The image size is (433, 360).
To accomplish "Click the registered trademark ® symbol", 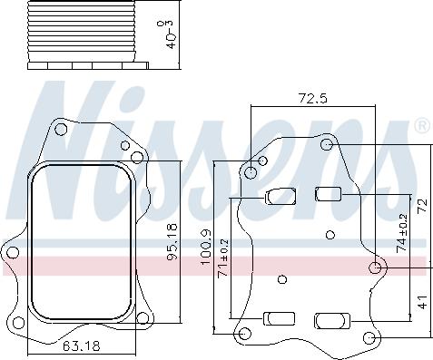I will click(x=421, y=125).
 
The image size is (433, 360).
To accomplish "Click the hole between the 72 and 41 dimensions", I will click(x=377, y=267).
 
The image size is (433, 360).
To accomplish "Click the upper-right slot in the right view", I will click(x=327, y=192).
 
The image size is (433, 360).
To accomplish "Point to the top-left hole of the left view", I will click(x=61, y=131).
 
